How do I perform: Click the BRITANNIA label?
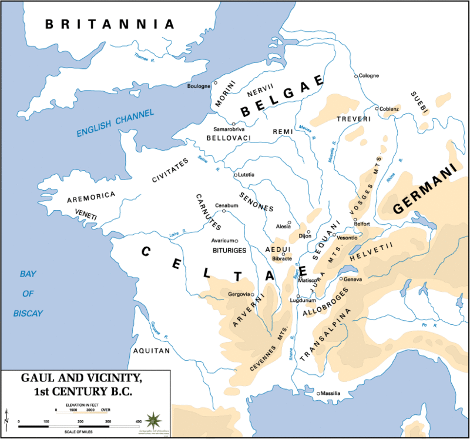(x=110, y=24)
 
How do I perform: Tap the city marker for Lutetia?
(x=236, y=175)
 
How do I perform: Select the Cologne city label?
(x=369, y=75)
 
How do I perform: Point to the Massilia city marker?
(x=318, y=393)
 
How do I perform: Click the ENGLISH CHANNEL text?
(x=115, y=124)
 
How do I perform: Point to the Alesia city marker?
(x=290, y=222)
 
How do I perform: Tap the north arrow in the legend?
(x=6, y=419)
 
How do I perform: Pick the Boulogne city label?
(x=199, y=87)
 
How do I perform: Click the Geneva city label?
(x=353, y=279)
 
